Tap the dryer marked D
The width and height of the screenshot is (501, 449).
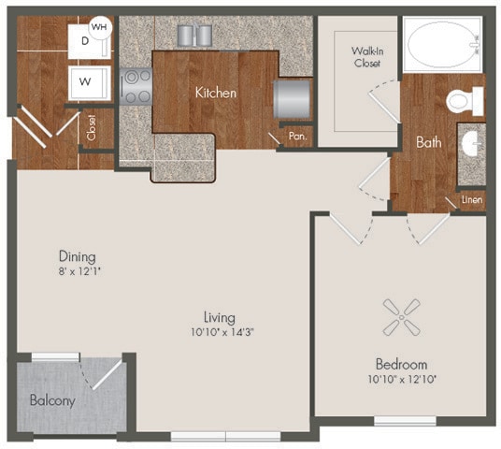(x=84, y=41)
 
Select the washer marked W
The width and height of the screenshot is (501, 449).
(x=85, y=81)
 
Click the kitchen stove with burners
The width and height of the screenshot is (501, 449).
(x=136, y=85)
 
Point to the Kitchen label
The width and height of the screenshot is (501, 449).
(x=215, y=93)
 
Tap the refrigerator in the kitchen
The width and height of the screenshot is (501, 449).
(x=290, y=95)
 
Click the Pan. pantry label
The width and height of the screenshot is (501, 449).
(x=297, y=136)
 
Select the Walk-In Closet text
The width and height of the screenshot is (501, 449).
(x=359, y=56)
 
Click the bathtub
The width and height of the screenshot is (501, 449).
(x=443, y=44)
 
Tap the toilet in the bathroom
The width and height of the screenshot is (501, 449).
(x=464, y=99)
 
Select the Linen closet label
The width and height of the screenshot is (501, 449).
(x=471, y=201)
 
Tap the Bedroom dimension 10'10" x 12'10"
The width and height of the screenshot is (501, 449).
(x=401, y=379)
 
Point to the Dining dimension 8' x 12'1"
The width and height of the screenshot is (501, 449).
(x=78, y=272)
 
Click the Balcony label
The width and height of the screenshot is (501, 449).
(x=51, y=399)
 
